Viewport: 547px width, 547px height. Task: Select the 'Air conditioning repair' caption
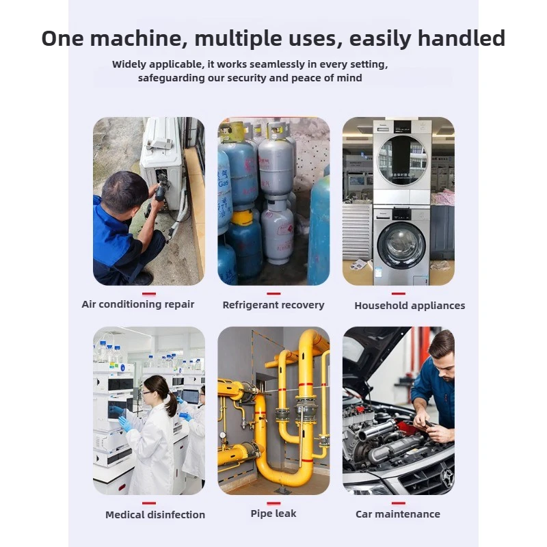[x=138, y=304]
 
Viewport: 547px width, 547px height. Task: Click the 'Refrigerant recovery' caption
[x=273, y=305]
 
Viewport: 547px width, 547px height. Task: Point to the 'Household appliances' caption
[x=410, y=306]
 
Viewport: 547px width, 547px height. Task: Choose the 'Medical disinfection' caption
[x=155, y=515]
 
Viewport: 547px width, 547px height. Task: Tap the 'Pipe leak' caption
[x=273, y=513]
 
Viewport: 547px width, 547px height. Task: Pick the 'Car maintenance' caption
[x=398, y=514]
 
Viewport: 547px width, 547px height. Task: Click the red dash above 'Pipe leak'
[x=273, y=503]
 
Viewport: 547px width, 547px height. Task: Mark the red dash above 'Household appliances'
[x=399, y=294]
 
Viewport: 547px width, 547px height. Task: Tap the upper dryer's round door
[x=402, y=160]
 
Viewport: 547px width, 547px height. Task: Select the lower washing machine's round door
[x=401, y=243]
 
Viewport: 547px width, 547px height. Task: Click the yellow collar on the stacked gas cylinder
[x=242, y=217]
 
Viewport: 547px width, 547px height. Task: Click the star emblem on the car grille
[x=446, y=476]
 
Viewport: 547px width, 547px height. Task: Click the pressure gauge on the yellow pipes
[x=223, y=436]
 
